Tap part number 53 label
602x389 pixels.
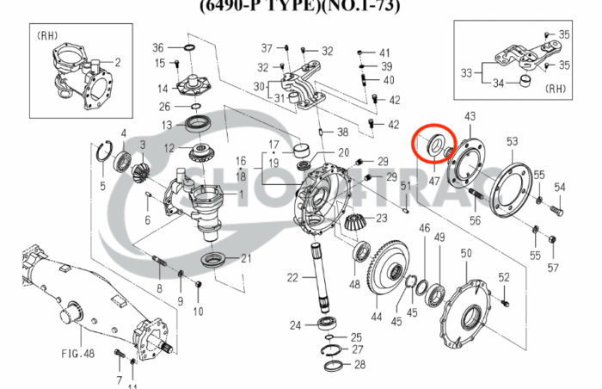pos(512,141)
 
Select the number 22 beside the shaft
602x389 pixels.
pos(292,277)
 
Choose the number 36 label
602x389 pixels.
pos(157,46)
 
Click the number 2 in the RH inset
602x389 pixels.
pos(117,62)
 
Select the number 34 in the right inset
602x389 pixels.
pos(498,83)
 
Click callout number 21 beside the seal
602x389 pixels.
pos(246,258)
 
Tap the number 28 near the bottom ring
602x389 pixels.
pos(359,365)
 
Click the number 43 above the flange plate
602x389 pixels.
pos(470,116)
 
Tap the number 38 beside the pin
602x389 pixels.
pos(342,132)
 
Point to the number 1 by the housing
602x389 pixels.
pos(241,194)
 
